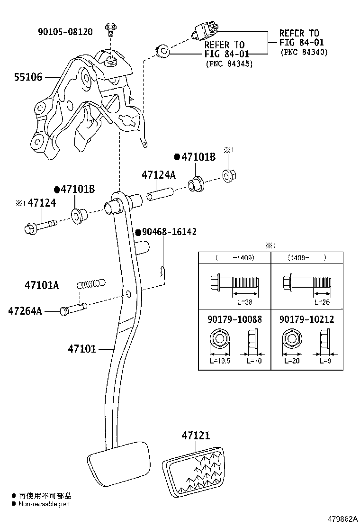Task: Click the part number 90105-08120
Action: (x=65, y=32)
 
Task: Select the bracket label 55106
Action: (x=29, y=76)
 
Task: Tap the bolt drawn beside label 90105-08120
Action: (x=110, y=29)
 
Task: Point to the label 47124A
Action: (x=158, y=175)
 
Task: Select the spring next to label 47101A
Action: (x=90, y=285)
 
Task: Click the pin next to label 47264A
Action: (x=73, y=309)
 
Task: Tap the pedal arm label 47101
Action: (x=81, y=349)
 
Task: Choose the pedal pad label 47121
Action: (x=195, y=436)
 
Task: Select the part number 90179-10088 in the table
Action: (x=234, y=319)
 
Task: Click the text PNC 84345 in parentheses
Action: (x=229, y=63)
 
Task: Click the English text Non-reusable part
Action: (x=44, y=504)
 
